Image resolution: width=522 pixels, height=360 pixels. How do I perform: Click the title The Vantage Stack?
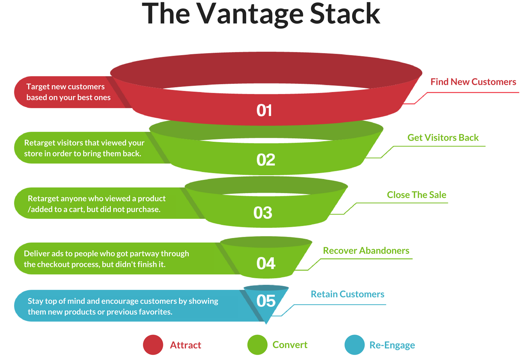pyautogui.click(x=261, y=14)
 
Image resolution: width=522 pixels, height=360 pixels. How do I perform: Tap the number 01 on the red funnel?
pyautogui.click(x=264, y=111)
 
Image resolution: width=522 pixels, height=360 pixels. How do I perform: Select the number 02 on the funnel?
pyautogui.click(x=266, y=160)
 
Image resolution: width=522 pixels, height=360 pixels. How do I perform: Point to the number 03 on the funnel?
pyautogui.click(x=263, y=213)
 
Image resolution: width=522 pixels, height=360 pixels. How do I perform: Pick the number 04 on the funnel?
pyautogui.click(x=266, y=264)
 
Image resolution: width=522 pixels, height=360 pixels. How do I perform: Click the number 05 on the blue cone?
pyautogui.click(x=266, y=301)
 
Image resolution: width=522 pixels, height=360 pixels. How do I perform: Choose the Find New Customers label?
pyautogui.click(x=473, y=82)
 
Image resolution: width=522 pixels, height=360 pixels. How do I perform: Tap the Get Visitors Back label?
pyautogui.click(x=443, y=138)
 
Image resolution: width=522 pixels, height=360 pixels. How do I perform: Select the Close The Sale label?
pyautogui.click(x=417, y=195)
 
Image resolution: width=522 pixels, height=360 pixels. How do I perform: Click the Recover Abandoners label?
pyautogui.click(x=366, y=251)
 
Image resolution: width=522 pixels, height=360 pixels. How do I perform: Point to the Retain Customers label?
pyautogui.click(x=347, y=294)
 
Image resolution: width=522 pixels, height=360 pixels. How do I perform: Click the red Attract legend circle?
pyautogui.click(x=153, y=345)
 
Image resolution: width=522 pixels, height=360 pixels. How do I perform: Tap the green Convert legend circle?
pyautogui.click(x=257, y=345)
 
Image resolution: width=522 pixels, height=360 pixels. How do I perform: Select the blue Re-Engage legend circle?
pyautogui.click(x=355, y=345)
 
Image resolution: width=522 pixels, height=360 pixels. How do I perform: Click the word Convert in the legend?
pyautogui.click(x=290, y=345)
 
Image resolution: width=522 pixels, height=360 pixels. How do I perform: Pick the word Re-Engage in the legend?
pyautogui.click(x=392, y=345)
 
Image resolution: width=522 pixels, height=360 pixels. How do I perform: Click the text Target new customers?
pyautogui.click(x=66, y=87)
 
